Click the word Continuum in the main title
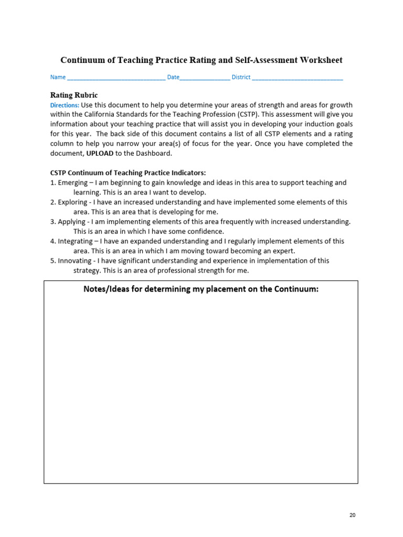click(82, 60)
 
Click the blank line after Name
click(116, 78)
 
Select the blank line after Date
click(205, 78)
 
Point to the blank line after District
click(298, 78)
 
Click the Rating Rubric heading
click(74, 95)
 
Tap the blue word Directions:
click(65, 105)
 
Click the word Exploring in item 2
click(72, 202)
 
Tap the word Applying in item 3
click(71, 222)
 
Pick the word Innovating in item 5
click(75, 261)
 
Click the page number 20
click(352, 515)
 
